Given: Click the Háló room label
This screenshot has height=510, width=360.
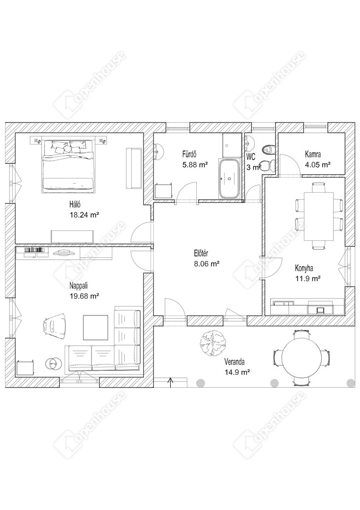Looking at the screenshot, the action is [75, 205].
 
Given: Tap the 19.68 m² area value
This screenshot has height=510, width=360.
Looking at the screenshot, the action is [84, 296].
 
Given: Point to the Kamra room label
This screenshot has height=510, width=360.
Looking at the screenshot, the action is [313, 154].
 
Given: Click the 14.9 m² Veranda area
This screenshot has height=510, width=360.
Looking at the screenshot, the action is [237, 372].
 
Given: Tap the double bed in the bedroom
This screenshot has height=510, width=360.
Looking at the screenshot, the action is [68, 165].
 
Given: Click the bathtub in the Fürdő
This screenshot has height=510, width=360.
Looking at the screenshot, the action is [229, 178].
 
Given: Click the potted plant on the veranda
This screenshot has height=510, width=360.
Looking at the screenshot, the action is [212, 344].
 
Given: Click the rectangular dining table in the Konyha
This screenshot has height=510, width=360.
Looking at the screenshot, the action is [319, 216].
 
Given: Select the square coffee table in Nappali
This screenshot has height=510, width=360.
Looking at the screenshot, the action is [95, 328].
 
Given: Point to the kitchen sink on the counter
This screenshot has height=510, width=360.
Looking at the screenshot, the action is [320, 309].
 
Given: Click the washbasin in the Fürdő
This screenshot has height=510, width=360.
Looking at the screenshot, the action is [159, 152].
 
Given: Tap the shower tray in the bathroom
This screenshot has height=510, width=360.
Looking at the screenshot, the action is [231, 145].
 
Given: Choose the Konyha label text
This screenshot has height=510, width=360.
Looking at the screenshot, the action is [304, 268].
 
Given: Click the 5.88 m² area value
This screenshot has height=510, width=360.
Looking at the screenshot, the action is [195, 165].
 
